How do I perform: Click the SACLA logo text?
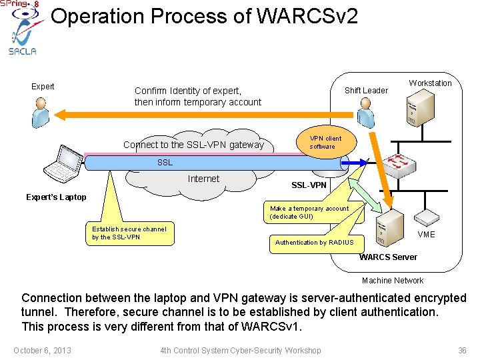click(23, 51)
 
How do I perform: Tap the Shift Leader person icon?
click(365, 112)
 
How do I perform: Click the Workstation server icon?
click(420, 107)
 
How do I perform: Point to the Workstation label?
click(430, 83)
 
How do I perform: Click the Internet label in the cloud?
click(203, 179)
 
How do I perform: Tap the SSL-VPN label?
click(309, 185)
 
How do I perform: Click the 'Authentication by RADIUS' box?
click(315, 242)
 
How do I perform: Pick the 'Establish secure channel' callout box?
click(129, 233)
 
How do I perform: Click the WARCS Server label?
click(389, 257)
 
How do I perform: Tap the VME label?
click(426, 235)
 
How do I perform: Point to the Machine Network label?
click(393, 281)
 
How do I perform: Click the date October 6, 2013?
click(42, 351)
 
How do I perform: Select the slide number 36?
click(462, 351)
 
